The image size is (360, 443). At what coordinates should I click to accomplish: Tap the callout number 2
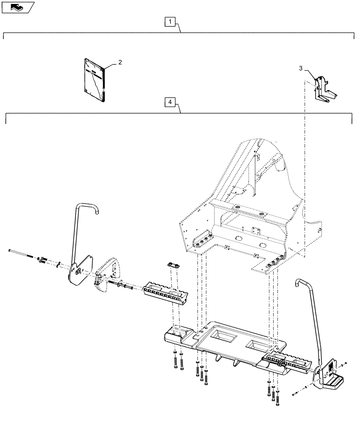(120, 63)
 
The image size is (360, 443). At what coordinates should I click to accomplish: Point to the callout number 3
(301, 68)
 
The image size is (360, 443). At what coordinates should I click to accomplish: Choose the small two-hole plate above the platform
(173, 265)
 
